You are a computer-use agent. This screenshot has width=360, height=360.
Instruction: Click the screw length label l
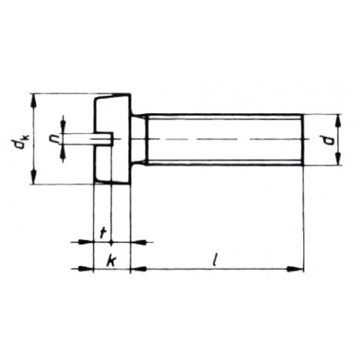(216, 258)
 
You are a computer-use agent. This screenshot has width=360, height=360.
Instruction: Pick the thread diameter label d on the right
(349, 139)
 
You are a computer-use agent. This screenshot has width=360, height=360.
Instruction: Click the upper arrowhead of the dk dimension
(34, 98)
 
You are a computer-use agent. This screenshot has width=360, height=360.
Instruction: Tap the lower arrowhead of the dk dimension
(34, 179)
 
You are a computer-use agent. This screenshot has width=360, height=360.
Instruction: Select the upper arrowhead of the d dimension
(337, 119)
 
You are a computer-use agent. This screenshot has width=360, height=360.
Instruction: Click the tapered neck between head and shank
(139, 139)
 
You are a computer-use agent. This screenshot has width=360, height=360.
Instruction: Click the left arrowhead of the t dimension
(89, 242)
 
